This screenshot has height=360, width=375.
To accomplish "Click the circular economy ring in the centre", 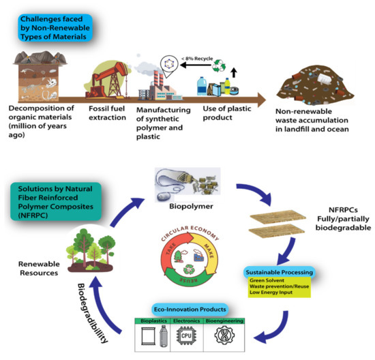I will click(186, 259).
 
